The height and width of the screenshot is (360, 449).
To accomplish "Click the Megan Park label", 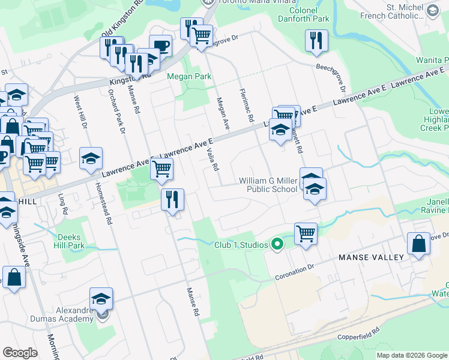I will pyautogui.click(x=189, y=77).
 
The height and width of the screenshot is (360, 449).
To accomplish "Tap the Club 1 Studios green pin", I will pyautogui.click(x=277, y=244).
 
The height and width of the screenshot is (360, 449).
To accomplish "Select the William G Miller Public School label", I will pyautogui.click(x=268, y=185).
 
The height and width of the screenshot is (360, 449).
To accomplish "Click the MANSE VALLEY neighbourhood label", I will pyautogui.click(x=371, y=257).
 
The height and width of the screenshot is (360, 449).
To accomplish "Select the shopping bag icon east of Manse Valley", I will pyautogui.click(x=418, y=244).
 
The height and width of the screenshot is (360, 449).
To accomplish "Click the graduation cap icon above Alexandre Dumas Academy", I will pyautogui.click(x=101, y=298).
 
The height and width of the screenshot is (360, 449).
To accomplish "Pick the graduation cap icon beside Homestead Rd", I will pyautogui.click(x=91, y=158).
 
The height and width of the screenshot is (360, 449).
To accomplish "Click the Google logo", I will pyautogui.click(x=20, y=353).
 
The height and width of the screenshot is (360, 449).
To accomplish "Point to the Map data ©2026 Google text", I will pyautogui.click(x=412, y=355).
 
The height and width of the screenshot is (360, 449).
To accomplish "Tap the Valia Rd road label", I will pyautogui.click(x=211, y=160).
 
